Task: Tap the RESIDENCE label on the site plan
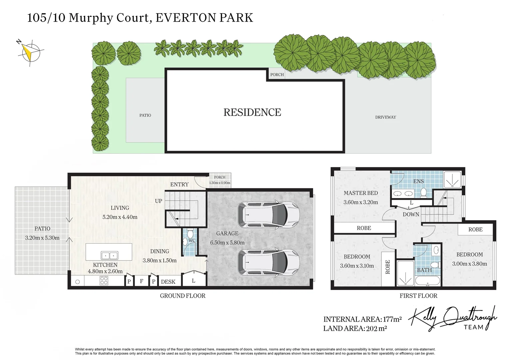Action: pos(252,112)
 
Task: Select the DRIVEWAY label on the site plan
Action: pos(385,117)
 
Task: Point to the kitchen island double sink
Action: pos(109,256)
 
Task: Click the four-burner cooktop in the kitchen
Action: pos(104,281)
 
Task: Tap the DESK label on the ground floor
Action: pos(168,282)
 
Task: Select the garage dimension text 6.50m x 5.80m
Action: pos(227,243)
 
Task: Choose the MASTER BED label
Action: pos(361,193)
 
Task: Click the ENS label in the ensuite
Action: pos(418,181)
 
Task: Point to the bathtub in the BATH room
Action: pos(427,282)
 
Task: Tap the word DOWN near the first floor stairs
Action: pos(411,214)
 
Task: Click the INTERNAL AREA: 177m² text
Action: pos(362,319)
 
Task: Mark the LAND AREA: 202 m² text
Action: pos(355,328)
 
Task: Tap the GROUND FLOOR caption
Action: pos(183,296)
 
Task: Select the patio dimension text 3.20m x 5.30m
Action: pos(42,238)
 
